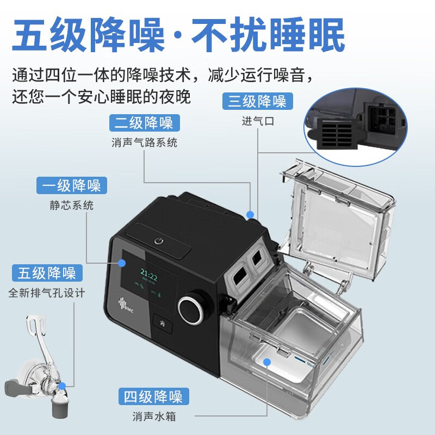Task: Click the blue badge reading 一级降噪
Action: pos(72,185)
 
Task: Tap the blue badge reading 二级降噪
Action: pos(145,123)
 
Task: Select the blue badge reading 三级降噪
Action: pos(258,101)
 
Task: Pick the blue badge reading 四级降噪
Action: pos(154,396)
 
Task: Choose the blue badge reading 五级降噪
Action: pos(47,273)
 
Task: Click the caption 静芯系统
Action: pos(72,206)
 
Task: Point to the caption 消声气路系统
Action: pos(144,142)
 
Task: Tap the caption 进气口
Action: pos(258,121)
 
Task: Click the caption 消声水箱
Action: pos(154,417)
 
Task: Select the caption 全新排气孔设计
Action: pos(47,293)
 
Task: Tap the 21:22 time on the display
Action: pos(149,275)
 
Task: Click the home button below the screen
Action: pos(162,324)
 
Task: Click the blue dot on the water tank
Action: pos(267,362)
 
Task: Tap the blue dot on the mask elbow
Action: pos(62,386)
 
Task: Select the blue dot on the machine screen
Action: pos(121,263)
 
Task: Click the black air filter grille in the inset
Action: pos(336,134)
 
